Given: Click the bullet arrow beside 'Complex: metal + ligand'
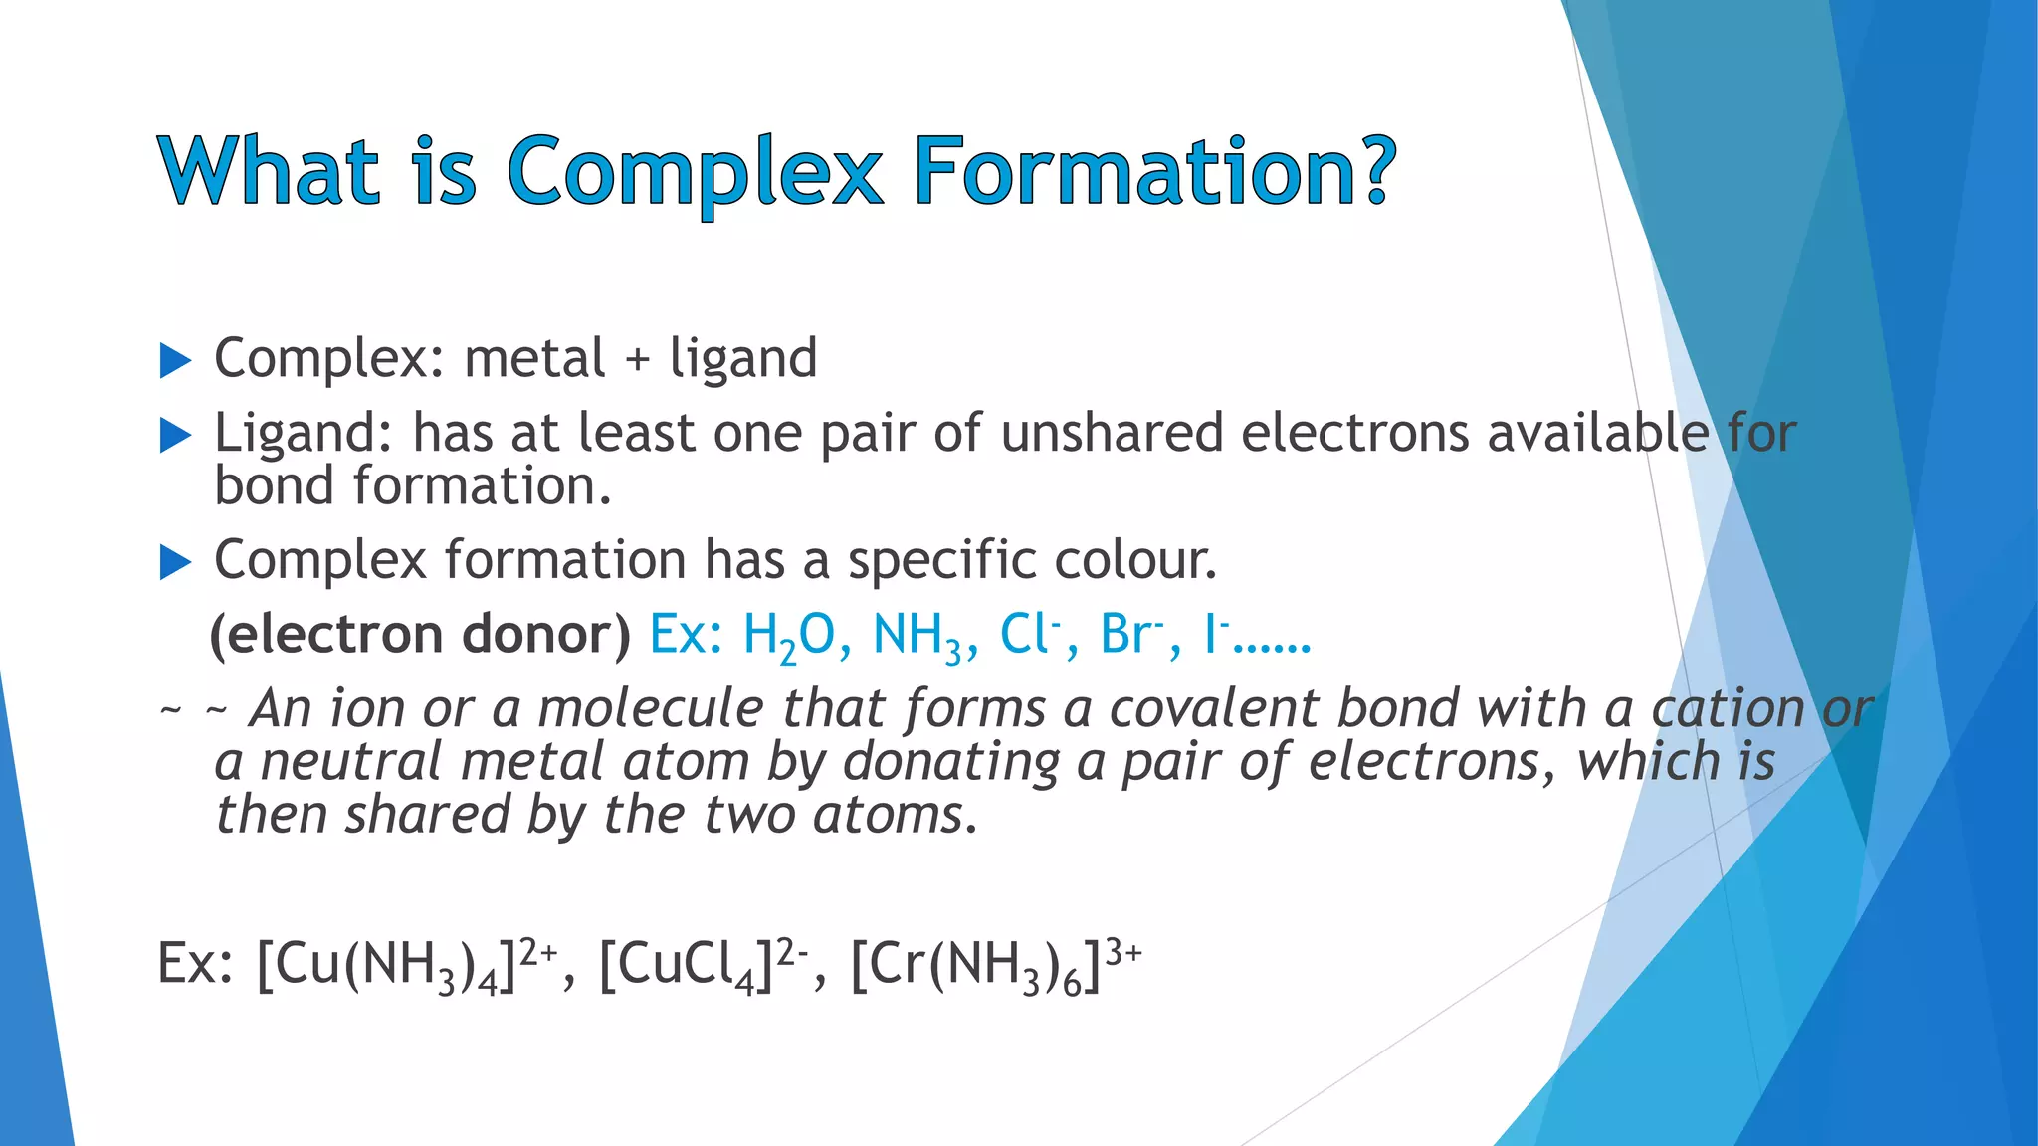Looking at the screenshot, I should (x=175, y=361).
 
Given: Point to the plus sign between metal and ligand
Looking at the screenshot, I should (x=637, y=360).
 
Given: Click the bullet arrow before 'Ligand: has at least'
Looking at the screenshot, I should (x=175, y=435).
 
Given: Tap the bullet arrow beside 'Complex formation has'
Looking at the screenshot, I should (x=175, y=563).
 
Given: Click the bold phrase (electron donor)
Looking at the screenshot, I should (x=420, y=635).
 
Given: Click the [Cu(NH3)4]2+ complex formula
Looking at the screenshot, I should (x=407, y=965).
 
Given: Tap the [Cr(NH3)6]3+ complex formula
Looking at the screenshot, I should (x=995, y=965).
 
